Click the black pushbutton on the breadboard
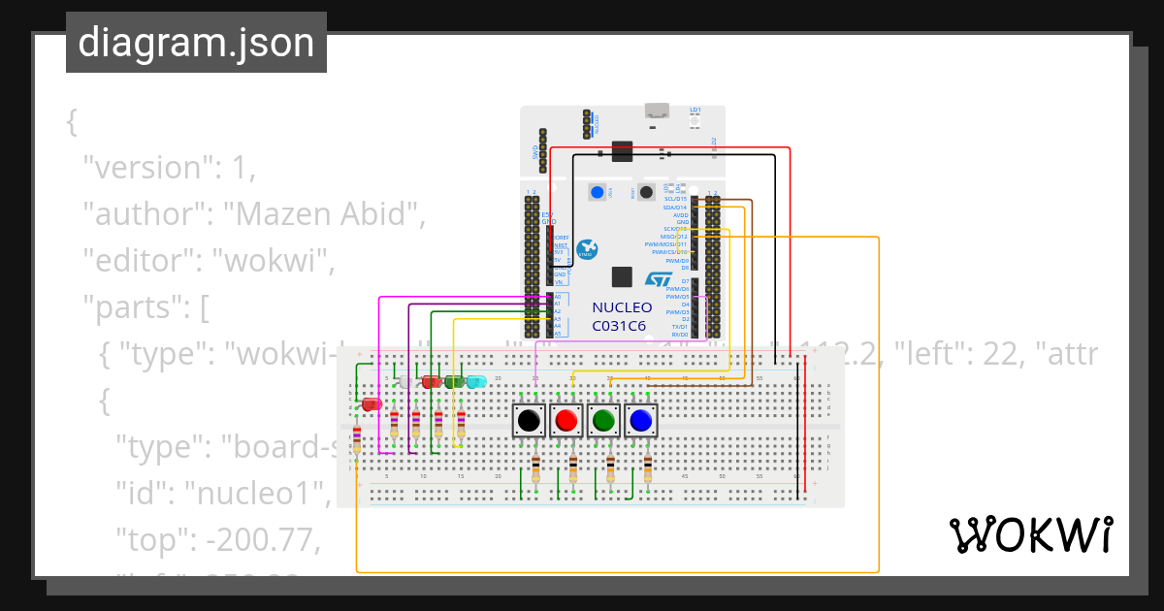point(528,420)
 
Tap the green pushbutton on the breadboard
point(603,420)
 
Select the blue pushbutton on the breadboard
point(640,420)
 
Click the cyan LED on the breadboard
point(476,382)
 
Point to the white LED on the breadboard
point(406,382)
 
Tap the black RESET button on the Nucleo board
point(646,192)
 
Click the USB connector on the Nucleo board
point(658,111)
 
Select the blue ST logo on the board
point(659,279)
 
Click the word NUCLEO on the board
point(622,307)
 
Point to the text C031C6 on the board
point(619,326)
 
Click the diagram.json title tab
point(196,43)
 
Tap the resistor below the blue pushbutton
point(648,470)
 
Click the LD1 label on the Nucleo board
point(695,110)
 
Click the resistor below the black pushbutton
point(535,470)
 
